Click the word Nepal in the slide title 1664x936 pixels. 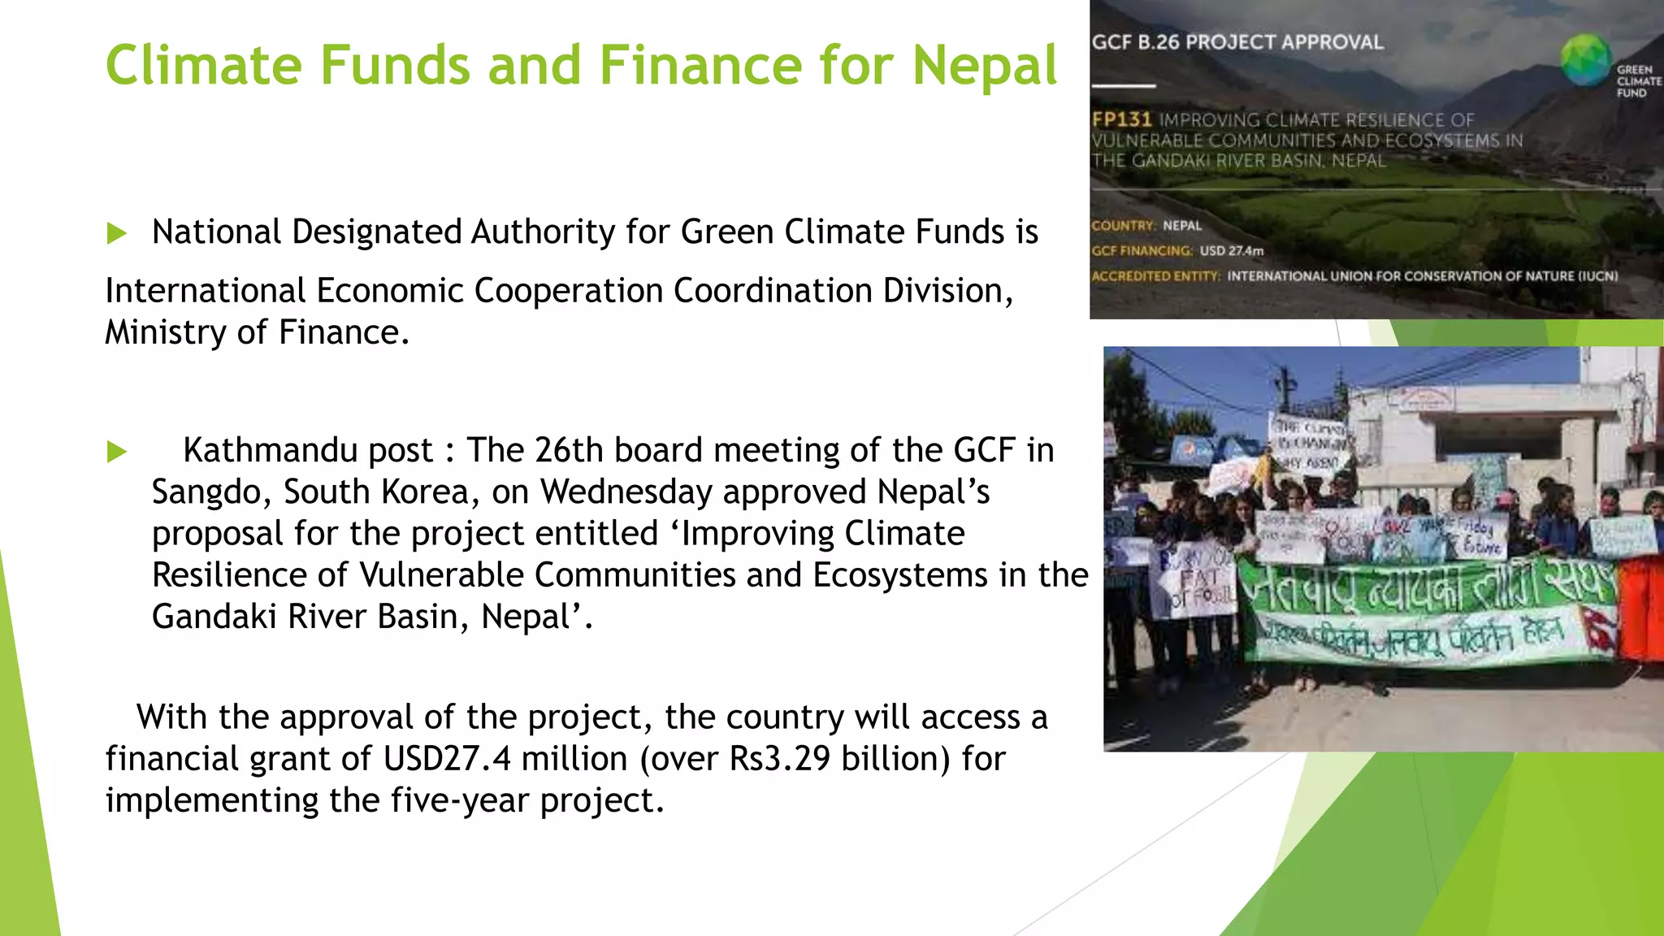pyautogui.click(x=984, y=65)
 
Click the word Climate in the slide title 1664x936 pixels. pyautogui.click(x=204, y=65)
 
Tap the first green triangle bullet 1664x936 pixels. pyautogui.click(x=117, y=234)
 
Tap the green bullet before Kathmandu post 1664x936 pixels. pyautogui.click(x=117, y=452)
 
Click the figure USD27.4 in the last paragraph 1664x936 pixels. pyautogui.click(x=447, y=759)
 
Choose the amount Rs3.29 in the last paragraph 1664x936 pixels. pyautogui.click(x=779, y=759)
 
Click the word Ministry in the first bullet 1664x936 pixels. pyautogui.click(x=166, y=332)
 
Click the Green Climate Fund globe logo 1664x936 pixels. pyautogui.click(x=1584, y=60)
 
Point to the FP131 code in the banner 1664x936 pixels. pyautogui.click(x=1121, y=119)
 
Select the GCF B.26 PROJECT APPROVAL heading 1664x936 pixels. pyautogui.click(x=1237, y=42)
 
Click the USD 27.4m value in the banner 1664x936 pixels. pyautogui.click(x=1232, y=251)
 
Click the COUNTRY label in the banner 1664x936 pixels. pyautogui.click(x=1123, y=226)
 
